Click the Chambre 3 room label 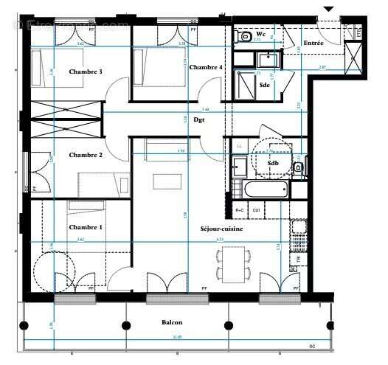pos(85,72)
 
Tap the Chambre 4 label pos(206,67)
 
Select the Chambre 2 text pos(85,155)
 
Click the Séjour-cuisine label pos(221,229)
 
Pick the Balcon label pos(173,323)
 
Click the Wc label pos(261,34)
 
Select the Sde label pos(264,86)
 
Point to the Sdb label pos(273,163)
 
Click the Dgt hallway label pos(199,119)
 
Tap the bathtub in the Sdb pos(265,190)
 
